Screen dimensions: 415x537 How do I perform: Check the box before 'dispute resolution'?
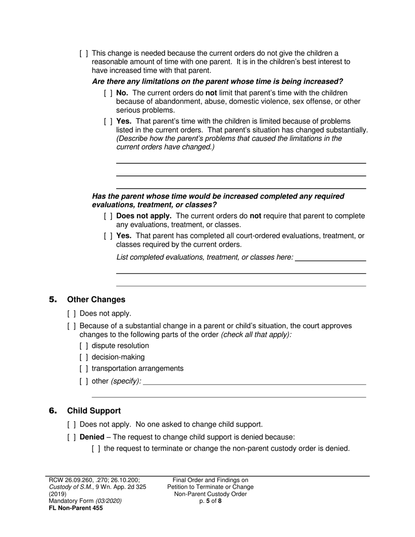[84, 346]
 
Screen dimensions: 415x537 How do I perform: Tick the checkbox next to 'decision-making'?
[84, 357]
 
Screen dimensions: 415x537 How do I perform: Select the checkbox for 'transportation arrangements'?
[84, 368]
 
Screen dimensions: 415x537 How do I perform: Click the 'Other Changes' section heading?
[96, 299]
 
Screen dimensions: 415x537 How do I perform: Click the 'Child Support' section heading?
[94, 411]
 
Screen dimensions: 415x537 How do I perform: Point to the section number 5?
[53, 299]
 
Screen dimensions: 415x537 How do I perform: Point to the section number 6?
[53, 411]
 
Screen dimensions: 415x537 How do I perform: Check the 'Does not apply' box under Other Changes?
[72, 313]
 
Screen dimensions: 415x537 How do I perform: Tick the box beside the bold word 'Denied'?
[72, 437]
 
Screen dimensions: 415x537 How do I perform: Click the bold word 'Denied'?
[92, 437]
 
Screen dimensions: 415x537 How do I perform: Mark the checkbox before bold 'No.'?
[108, 93]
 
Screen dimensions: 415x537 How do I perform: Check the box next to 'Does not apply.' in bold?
[108, 216]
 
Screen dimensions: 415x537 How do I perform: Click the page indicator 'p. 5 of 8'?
[210, 501]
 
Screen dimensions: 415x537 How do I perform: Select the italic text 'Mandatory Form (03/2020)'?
[85, 501]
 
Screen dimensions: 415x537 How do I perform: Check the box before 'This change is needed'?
[84, 53]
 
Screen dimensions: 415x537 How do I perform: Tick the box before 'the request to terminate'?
[96, 448]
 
